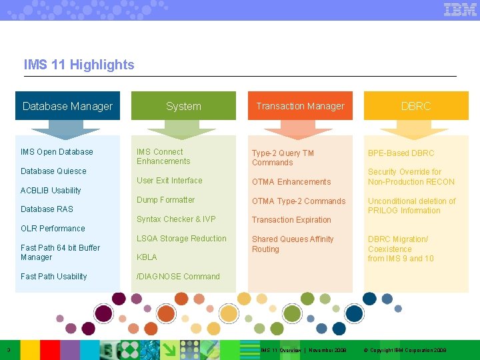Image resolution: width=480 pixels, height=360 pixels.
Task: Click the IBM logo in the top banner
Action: coord(460,9)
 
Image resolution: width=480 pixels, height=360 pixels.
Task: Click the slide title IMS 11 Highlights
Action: coord(79,65)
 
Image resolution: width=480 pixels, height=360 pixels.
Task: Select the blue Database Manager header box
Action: coord(67,106)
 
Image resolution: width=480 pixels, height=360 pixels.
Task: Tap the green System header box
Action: coord(183,106)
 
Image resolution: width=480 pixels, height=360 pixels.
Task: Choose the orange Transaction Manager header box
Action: coord(300,106)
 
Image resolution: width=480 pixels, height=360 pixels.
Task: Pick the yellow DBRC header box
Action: coord(416,106)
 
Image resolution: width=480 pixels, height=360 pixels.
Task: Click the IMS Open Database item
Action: coord(57,152)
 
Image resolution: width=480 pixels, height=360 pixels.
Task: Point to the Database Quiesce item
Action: coord(53,171)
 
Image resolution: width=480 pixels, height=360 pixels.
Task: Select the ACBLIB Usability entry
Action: coord(51,191)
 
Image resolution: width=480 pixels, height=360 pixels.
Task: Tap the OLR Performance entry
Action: coord(53,229)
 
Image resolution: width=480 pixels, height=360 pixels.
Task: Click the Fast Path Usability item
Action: coord(53,277)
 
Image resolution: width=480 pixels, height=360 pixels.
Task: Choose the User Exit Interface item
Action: coord(169,181)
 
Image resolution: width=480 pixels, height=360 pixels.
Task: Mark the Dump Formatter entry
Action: coord(165,200)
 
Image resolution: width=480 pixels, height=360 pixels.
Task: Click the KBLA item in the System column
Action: coord(147,257)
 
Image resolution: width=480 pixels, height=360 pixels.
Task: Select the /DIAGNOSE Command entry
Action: coord(178,277)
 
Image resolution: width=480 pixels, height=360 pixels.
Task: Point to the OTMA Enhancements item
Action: coord(291,182)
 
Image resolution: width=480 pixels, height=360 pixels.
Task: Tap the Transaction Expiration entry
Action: coord(291,220)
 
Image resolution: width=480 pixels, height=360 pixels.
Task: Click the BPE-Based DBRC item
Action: coord(401,153)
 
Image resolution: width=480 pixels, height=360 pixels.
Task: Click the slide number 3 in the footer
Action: coord(7,350)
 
